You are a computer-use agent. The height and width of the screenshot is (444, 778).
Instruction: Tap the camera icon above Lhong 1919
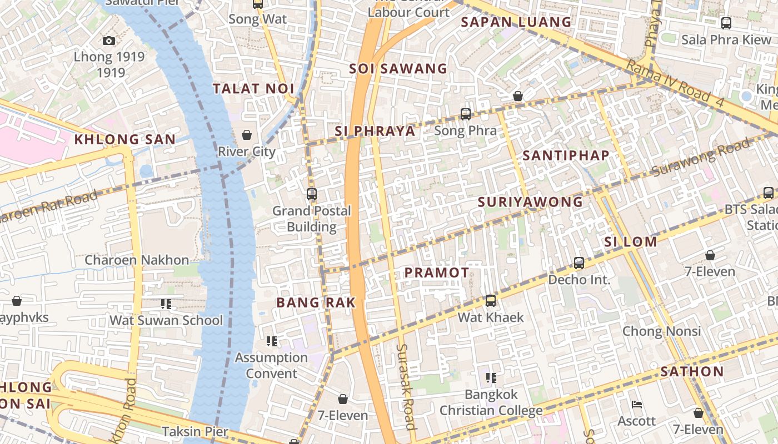pyautogui.click(x=109, y=41)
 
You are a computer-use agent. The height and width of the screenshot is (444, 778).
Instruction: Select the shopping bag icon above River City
pyautogui.click(x=247, y=135)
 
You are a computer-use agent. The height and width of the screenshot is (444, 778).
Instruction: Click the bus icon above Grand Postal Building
pyautogui.click(x=312, y=194)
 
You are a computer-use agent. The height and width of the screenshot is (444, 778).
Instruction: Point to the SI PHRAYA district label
pyautogui.click(x=375, y=131)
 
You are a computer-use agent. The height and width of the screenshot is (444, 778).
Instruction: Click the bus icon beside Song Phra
pyautogui.click(x=466, y=114)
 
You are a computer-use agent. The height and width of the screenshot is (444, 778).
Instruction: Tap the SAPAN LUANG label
pyautogui.click(x=516, y=22)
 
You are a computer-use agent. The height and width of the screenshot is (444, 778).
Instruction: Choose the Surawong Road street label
pyautogui.click(x=701, y=158)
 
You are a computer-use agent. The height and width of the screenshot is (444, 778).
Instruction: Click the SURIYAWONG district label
pyautogui.click(x=531, y=202)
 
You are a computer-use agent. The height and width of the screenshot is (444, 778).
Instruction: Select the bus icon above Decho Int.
pyautogui.click(x=579, y=263)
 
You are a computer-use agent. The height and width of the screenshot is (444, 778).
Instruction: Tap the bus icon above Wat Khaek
pyautogui.click(x=491, y=301)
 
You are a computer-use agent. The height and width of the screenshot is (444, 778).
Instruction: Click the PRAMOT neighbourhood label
pyautogui.click(x=437, y=273)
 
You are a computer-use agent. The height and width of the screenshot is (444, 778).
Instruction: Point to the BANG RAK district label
pyautogui.click(x=316, y=302)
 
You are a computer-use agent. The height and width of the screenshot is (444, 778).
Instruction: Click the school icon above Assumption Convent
pyautogui.click(x=272, y=341)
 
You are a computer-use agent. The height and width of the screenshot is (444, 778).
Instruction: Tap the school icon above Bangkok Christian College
pyautogui.click(x=491, y=378)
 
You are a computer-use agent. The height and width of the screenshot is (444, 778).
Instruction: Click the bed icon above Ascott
pyautogui.click(x=637, y=405)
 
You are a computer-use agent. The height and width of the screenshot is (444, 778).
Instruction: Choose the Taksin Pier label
pyautogui.click(x=195, y=431)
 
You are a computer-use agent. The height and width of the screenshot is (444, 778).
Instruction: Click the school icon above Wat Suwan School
pyautogui.click(x=166, y=304)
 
